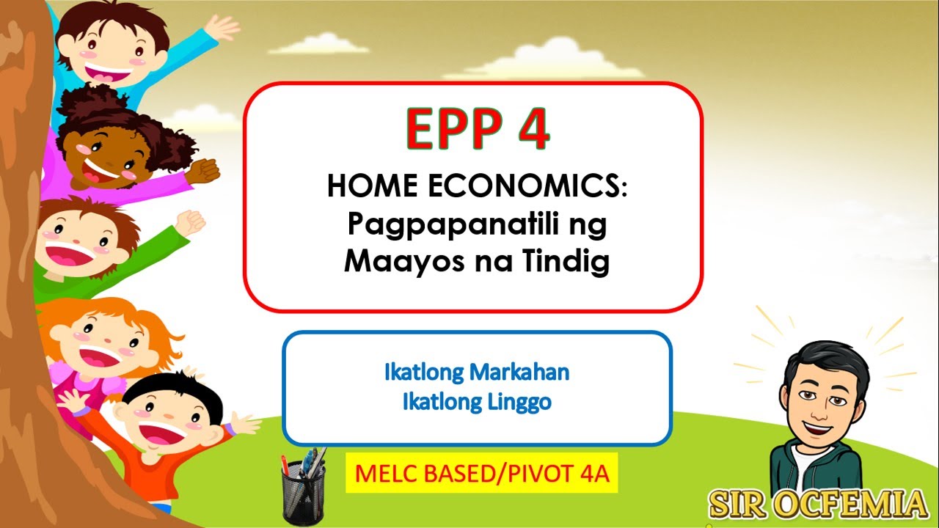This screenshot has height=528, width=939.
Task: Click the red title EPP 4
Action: (477, 130)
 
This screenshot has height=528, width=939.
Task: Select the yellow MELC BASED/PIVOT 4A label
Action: (481, 473)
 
